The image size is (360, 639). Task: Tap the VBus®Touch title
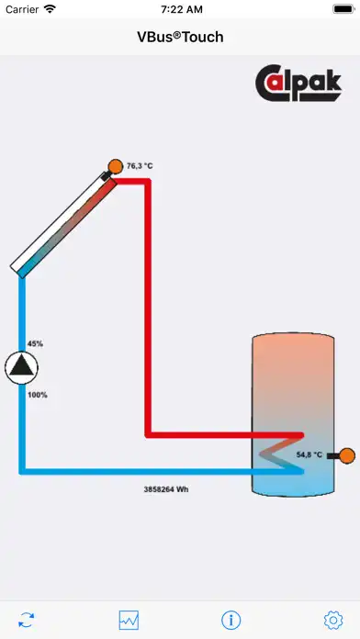(x=180, y=37)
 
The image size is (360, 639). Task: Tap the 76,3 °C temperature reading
(x=140, y=166)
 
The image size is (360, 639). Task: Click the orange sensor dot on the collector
(x=116, y=166)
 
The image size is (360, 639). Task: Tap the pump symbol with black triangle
(x=20, y=368)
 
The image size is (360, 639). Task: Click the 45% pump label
(x=35, y=343)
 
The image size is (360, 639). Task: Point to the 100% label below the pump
(x=38, y=395)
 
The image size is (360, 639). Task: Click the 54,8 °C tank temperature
(x=309, y=454)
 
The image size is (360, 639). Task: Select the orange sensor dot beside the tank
(x=346, y=454)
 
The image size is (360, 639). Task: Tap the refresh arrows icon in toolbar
(x=27, y=620)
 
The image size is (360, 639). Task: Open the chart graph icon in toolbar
(x=129, y=620)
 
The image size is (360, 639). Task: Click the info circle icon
(x=231, y=620)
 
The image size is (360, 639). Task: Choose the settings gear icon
(x=332, y=620)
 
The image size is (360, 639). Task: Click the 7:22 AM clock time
(x=180, y=9)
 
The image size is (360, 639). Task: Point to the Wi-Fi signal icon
(x=50, y=9)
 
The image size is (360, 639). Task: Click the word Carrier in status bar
(x=22, y=9)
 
